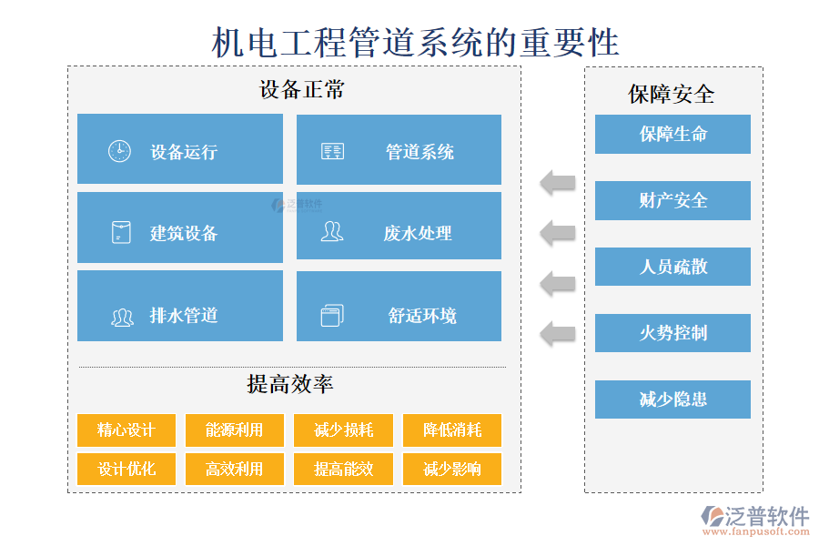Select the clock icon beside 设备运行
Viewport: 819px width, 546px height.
[119, 151]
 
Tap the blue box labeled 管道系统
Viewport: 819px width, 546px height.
[399, 150]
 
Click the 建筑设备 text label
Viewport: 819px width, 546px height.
[184, 233]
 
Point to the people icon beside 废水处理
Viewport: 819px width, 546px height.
[332, 232]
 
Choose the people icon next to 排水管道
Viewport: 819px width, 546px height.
[122, 317]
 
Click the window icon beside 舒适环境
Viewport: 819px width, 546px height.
[332, 316]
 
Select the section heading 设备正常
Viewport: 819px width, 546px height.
[301, 90]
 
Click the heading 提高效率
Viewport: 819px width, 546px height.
[290, 384]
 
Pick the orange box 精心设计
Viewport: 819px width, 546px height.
[126, 430]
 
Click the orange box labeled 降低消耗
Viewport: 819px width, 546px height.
[452, 430]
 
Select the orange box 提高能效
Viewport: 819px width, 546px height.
[343, 469]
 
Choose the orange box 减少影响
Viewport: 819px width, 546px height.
[452, 469]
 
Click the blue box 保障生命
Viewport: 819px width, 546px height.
[672, 134]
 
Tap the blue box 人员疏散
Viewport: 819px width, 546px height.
[672, 267]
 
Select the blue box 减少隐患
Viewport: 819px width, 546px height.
[672, 399]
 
